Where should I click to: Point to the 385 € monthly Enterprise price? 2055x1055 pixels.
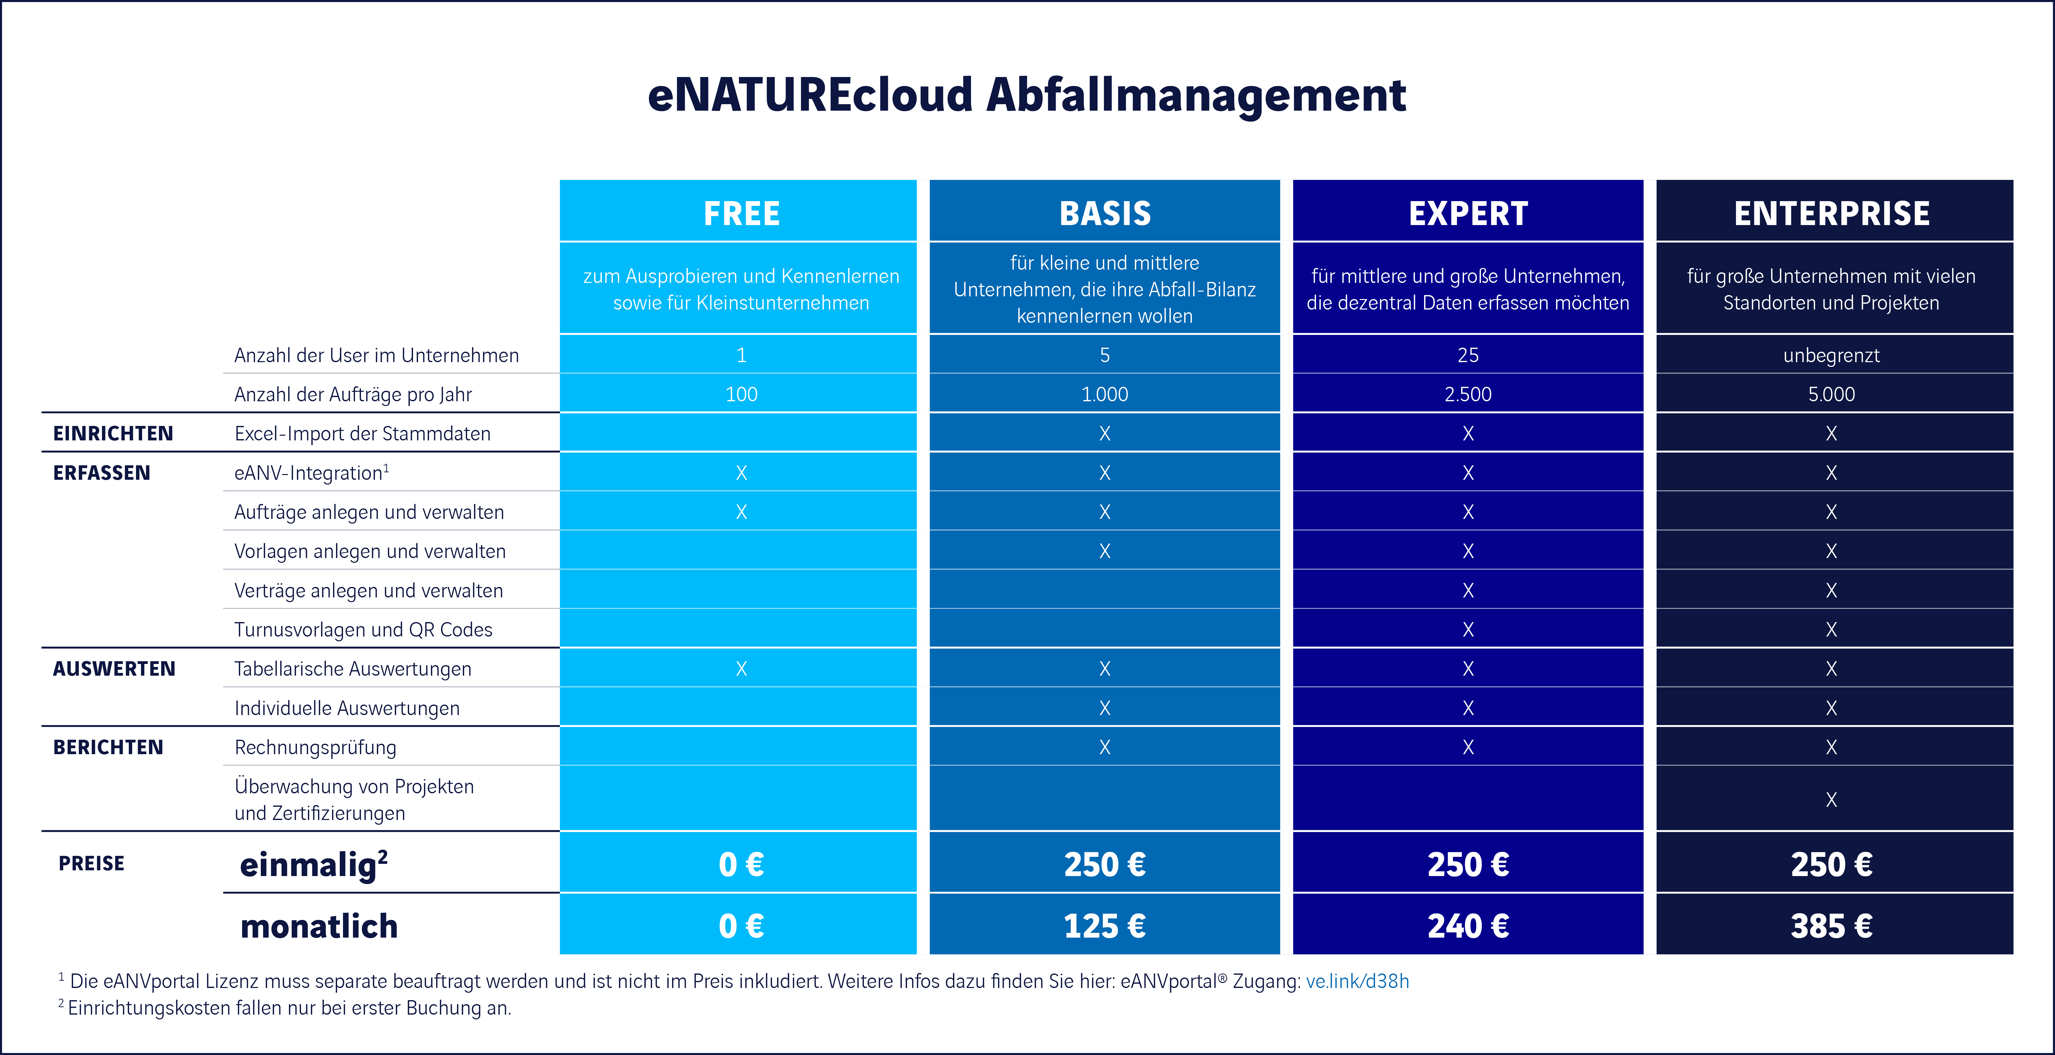(x=1832, y=926)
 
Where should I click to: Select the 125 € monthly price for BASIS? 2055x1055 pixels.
(x=1105, y=926)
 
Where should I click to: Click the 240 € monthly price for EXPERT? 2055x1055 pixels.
(x=1468, y=926)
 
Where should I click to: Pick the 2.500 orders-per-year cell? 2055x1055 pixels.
(x=1468, y=394)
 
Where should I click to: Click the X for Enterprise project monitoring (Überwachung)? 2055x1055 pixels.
(x=1832, y=800)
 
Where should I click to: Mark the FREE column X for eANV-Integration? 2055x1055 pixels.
(x=741, y=473)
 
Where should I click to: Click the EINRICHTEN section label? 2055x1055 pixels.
(x=113, y=433)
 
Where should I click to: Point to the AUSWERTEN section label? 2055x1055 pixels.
(x=114, y=669)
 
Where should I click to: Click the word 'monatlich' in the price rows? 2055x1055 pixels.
(x=319, y=926)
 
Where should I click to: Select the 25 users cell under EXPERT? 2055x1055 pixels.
(x=1468, y=355)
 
